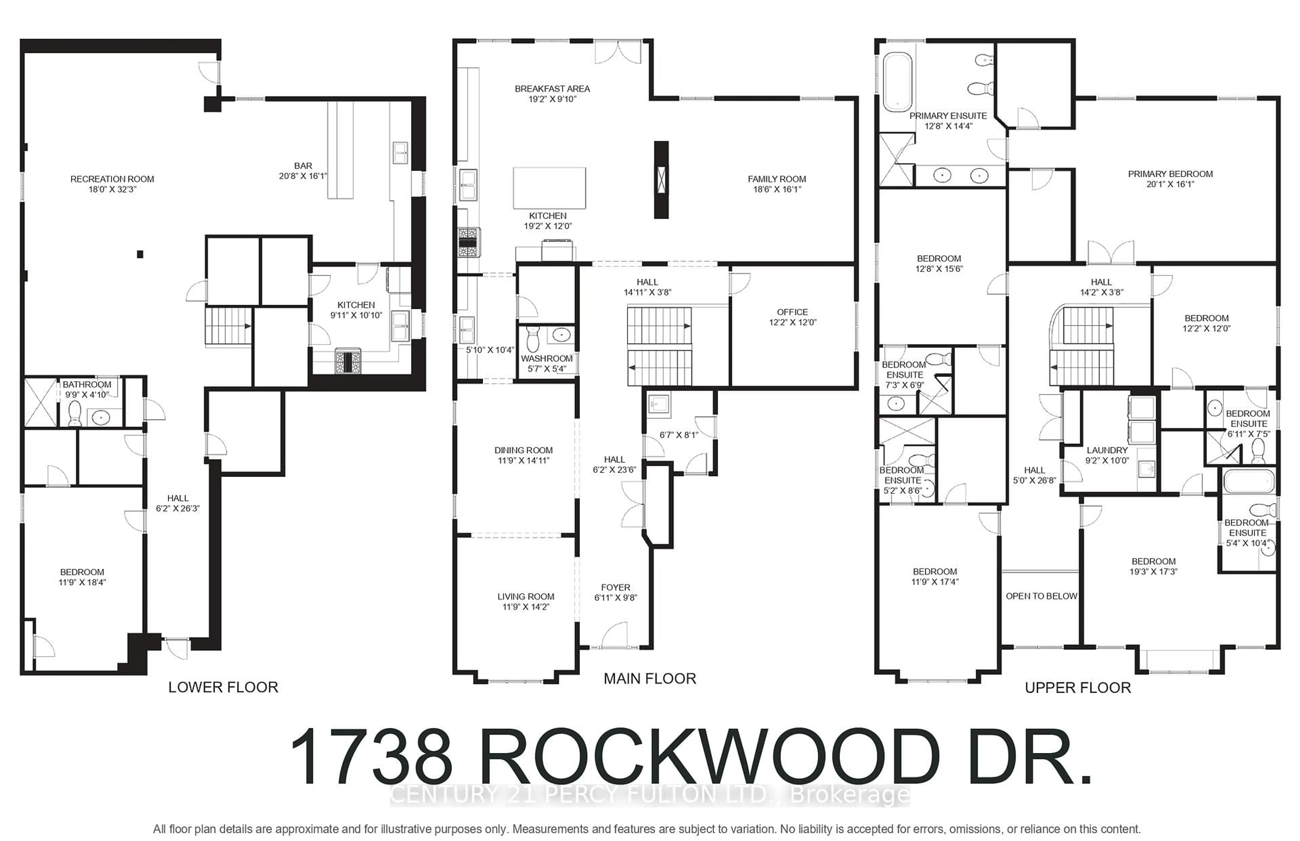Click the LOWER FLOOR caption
pos(223,687)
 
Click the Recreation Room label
pos(112,179)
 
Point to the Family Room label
pos(776,179)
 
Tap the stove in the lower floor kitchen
pos(347,362)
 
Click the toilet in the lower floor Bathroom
pos(75,414)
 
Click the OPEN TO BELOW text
pos(1041,596)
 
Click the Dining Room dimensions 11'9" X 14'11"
pos(523,461)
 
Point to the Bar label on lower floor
pos(303,166)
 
